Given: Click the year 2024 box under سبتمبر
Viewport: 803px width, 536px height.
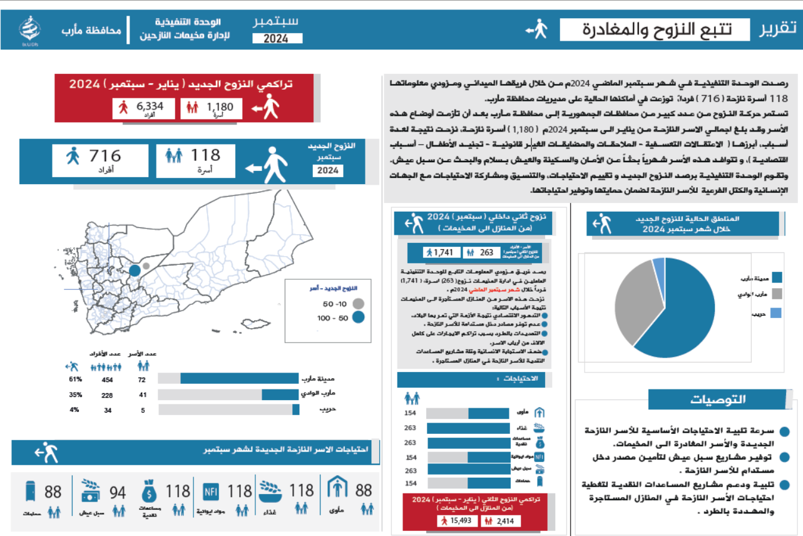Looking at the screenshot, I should click(x=277, y=38).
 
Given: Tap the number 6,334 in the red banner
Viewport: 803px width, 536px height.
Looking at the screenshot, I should click(x=150, y=106).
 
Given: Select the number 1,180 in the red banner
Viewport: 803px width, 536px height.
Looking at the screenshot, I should click(x=220, y=107).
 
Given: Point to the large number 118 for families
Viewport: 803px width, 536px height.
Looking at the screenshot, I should click(x=205, y=155).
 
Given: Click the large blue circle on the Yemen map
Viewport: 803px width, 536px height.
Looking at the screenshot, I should click(x=134, y=271).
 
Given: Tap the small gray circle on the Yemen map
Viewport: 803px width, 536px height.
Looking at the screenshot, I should click(x=146, y=266).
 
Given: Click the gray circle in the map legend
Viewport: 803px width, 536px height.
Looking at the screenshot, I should click(x=359, y=304).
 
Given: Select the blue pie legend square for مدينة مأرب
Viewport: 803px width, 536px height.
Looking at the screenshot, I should click(x=777, y=277).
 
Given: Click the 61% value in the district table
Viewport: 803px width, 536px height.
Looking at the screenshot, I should click(x=76, y=379).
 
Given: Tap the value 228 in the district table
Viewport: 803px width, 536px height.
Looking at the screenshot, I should click(x=108, y=395).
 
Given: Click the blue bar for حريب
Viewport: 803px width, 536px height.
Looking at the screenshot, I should click(x=295, y=410).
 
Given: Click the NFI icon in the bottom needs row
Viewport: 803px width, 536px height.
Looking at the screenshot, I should click(x=210, y=492).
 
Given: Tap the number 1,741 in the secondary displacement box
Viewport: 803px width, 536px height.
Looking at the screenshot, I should click(x=446, y=252).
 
